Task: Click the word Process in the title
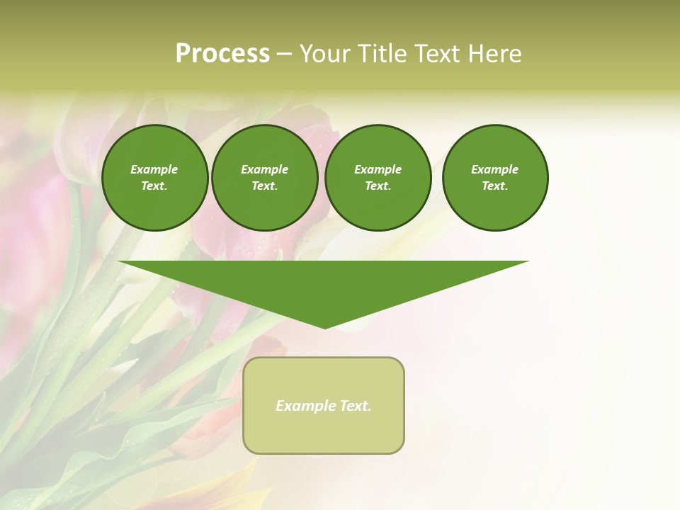pyautogui.click(x=222, y=54)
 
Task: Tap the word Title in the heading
pyautogui.click(x=378, y=54)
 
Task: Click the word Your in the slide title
pyautogui.click(x=324, y=54)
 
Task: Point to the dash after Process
pyautogui.click(x=284, y=55)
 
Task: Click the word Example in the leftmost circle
pyautogui.click(x=154, y=169)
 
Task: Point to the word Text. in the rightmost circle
pyautogui.click(x=495, y=186)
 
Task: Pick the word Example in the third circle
pyautogui.click(x=378, y=169)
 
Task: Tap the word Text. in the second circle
pyautogui.click(x=264, y=186)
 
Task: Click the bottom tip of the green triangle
pyautogui.click(x=324, y=327)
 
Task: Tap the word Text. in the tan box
pyautogui.click(x=354, y=406)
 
